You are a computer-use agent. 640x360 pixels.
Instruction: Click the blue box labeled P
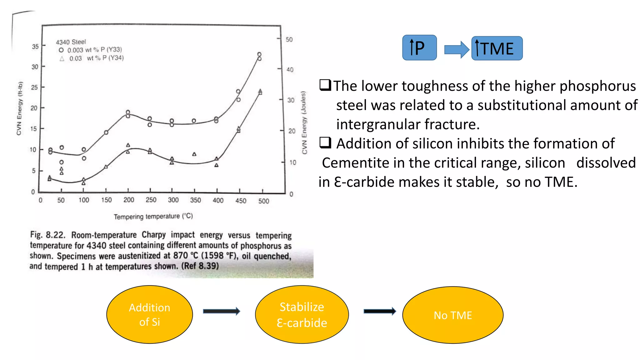(x=419, y=48)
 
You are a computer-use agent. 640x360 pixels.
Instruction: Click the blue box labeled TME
(x=497, y=48)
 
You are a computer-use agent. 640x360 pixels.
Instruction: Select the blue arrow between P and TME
(x=456, y=49)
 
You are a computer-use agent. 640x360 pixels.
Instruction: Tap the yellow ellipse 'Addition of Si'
(x=149, y=314)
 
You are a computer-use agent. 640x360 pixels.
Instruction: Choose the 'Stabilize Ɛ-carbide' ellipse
(x=302, y=314)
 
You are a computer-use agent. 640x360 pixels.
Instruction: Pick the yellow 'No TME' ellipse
(x=452, y=315)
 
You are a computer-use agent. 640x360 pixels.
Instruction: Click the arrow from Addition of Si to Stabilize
(x=221, y=311)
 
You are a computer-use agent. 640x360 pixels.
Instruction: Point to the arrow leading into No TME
(x=380, y=311)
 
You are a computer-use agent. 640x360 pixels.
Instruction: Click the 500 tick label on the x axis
(x=263, y=201)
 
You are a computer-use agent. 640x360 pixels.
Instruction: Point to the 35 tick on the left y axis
(x=35, y=47)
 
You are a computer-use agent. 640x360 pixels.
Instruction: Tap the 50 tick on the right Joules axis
(x=289, y=40)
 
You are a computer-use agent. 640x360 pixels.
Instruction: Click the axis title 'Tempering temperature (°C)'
(x=153, y=216)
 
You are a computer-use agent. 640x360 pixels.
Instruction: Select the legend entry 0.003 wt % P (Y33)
(x=91, y=50)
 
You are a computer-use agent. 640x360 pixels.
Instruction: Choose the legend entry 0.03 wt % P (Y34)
(x=92, y=58)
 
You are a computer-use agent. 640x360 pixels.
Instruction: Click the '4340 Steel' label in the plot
(x=71, y=42)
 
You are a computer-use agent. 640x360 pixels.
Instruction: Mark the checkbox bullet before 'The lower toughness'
(x=325, y=85)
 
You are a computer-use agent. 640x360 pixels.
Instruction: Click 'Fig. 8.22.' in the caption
(x=47, y=235)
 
